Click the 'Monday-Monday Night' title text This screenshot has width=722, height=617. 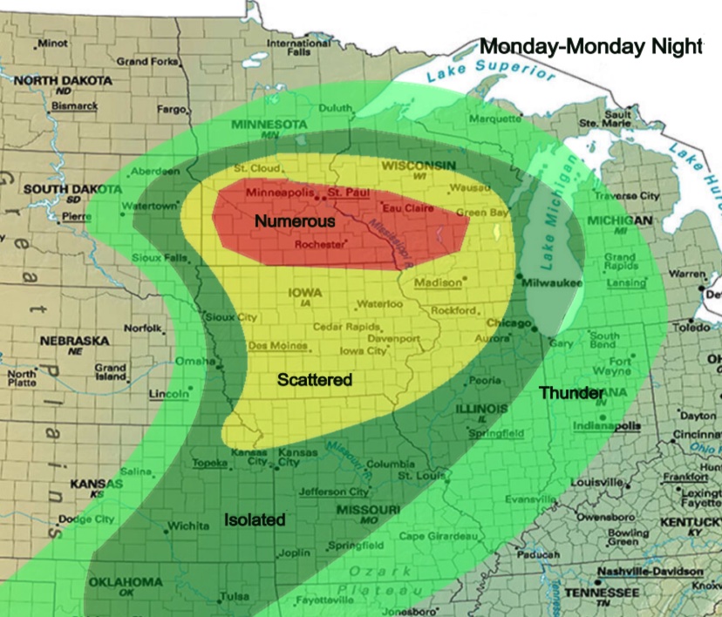pyautogui.click(x=591, y=46)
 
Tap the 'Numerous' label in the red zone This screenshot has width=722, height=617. pyautogui.click(x=295, y=221)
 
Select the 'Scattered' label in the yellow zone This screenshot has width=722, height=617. pyautogui.click(x=315, y=379)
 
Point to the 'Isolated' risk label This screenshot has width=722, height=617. pyautogui.click(x=255, y=519)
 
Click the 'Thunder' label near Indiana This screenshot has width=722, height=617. pyautogui.click(x=571, y=393)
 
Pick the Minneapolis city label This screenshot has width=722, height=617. pyautogui.click(x=279, y=191)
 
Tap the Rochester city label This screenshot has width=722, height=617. pyautogui.click(x=321, y=245)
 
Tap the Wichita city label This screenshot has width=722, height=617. pyautogui.click(x=189, y=526)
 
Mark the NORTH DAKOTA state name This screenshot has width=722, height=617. pyautogui.click(x=63, y=80)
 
